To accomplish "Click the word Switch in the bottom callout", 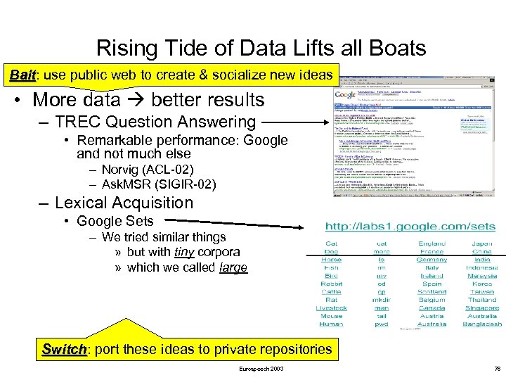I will (65, 349).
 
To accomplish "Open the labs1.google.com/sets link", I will (410, 227).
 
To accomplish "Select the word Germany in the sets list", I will (431, 260).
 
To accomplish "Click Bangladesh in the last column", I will (482, 324).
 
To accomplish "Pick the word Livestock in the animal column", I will (331, 308).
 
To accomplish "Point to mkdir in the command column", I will (381, 300).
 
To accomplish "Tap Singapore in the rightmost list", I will (482, 308).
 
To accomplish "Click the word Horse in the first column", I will (331, 260).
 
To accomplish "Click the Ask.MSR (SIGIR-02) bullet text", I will (158, 184).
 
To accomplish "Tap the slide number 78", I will (497, 369).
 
